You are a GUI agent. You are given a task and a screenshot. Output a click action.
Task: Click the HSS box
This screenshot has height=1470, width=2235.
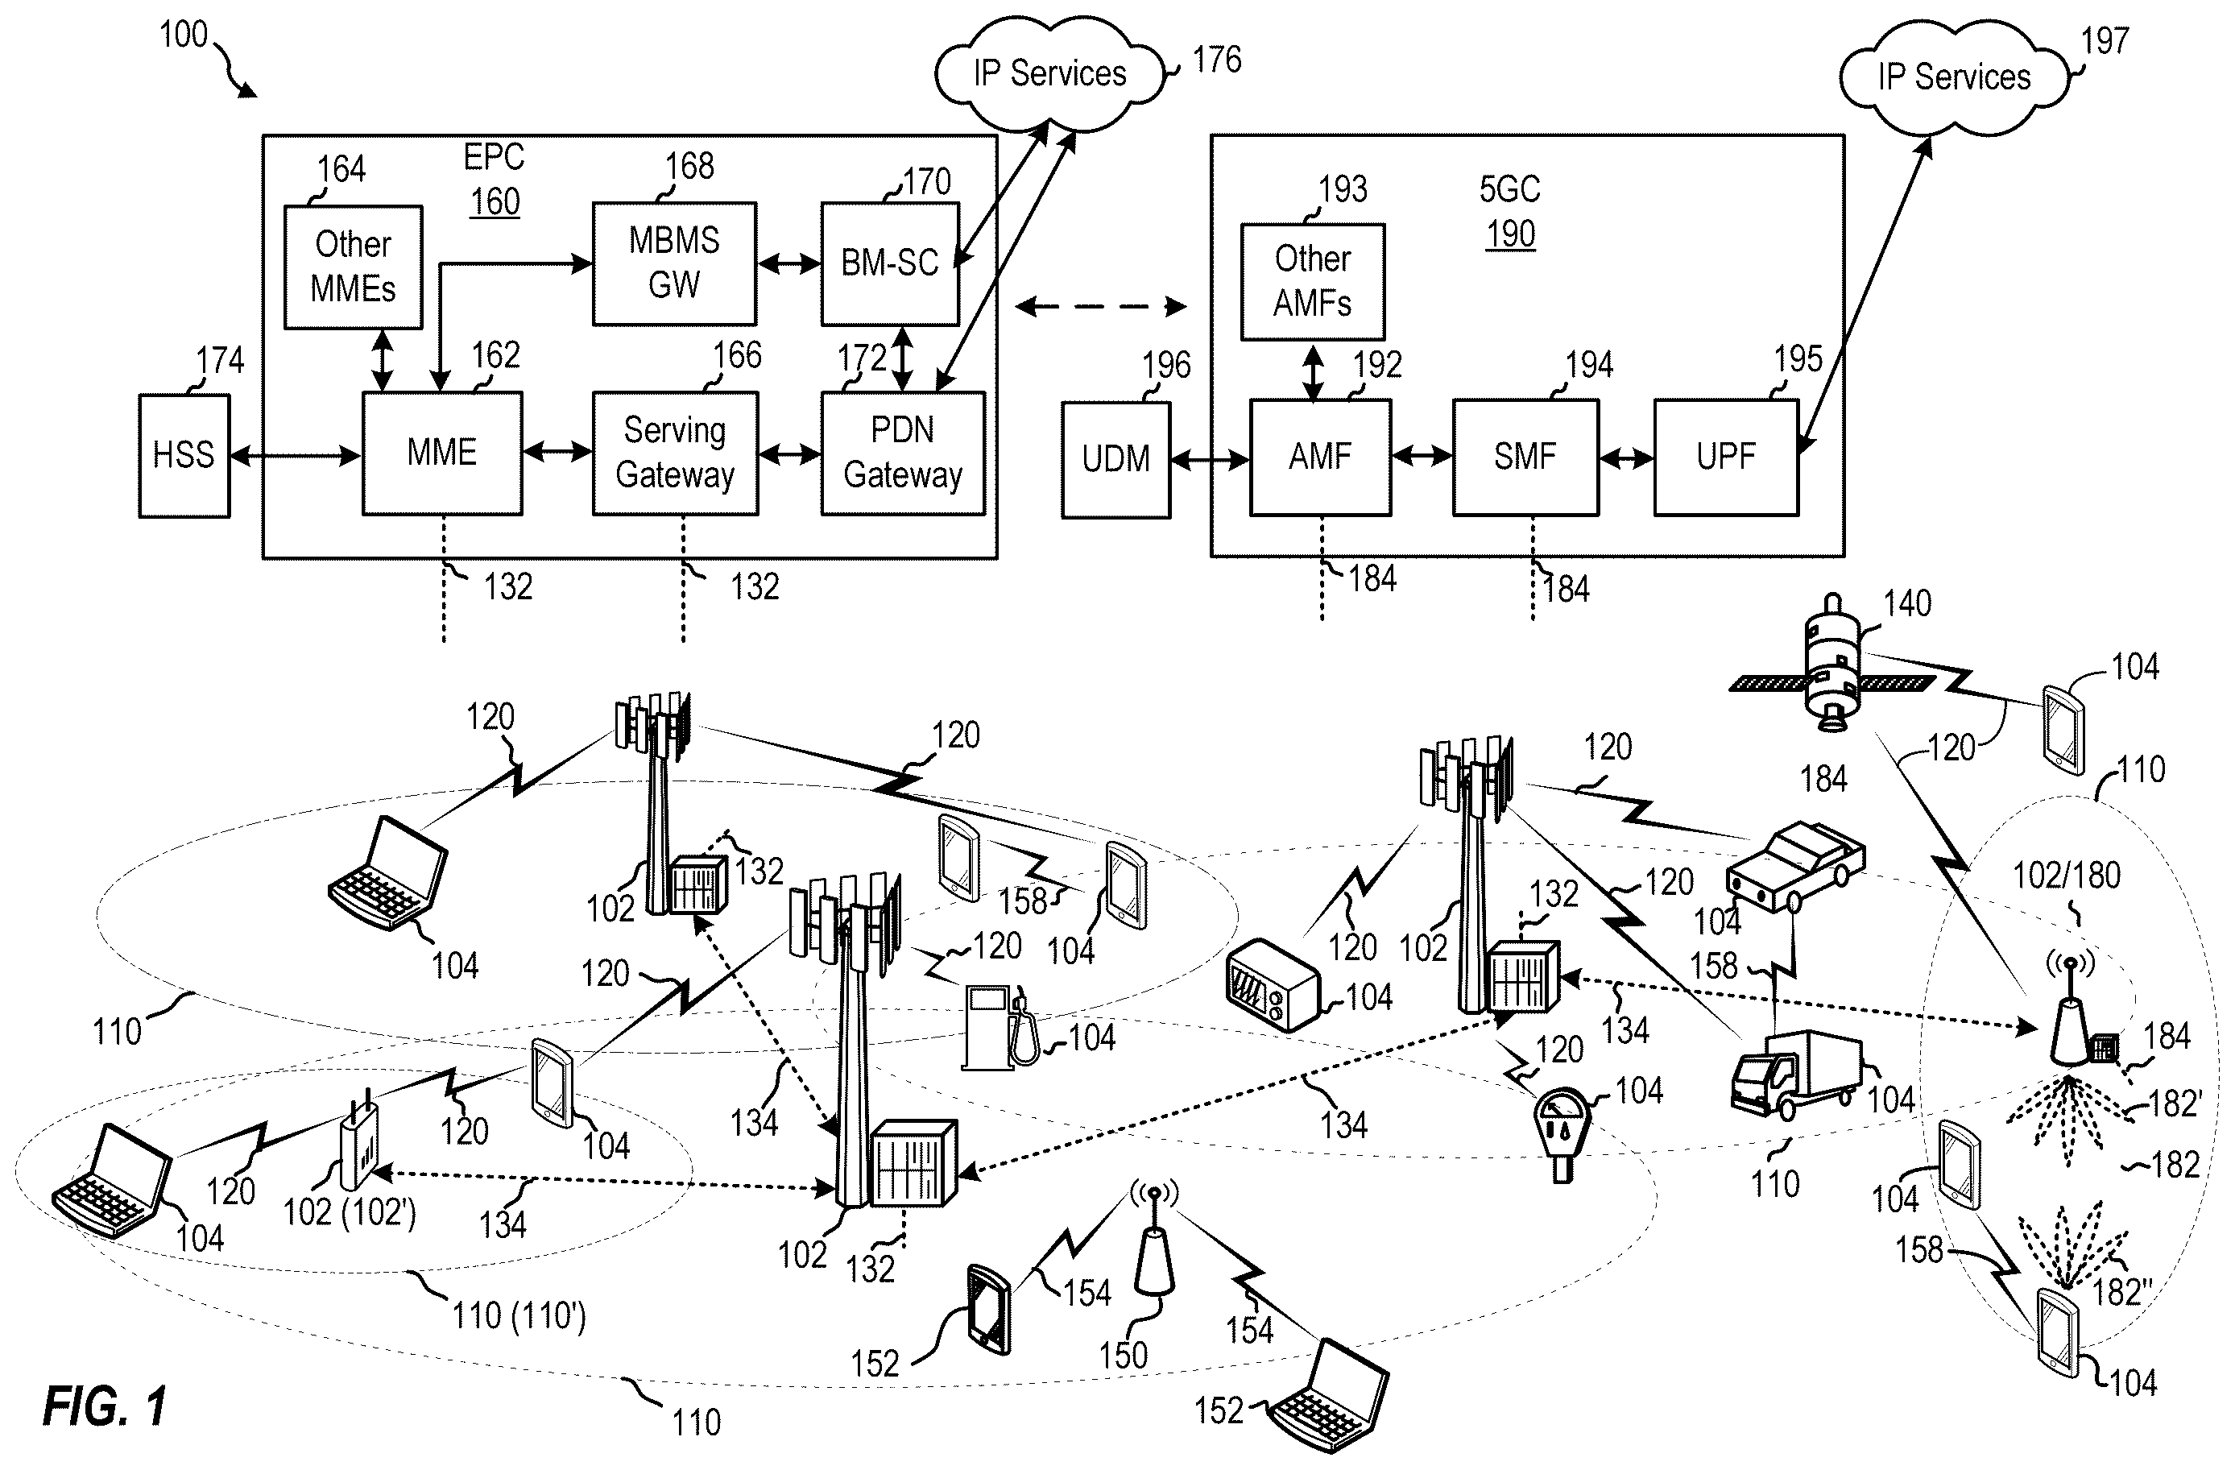coord(184,456)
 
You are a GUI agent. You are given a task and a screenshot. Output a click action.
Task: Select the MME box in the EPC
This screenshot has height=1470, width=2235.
coord(442,453)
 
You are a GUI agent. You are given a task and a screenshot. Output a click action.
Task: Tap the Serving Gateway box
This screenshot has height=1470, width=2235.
coord(675,453)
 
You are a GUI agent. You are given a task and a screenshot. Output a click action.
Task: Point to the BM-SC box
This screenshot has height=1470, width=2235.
coord(889,263)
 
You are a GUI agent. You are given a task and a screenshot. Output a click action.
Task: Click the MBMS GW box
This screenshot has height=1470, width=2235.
coord(674,263)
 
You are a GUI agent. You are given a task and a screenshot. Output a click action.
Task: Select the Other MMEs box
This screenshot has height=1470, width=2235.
coord(353,267)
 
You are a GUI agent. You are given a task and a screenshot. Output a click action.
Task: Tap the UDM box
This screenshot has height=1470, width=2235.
coord(1115,459)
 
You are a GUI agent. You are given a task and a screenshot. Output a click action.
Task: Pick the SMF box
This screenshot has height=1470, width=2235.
coord(1525,458)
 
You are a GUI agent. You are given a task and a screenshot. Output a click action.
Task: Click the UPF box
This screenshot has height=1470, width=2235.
coord(1726,458)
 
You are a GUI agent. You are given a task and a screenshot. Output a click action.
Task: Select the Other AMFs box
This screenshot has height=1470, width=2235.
coord(1312,281)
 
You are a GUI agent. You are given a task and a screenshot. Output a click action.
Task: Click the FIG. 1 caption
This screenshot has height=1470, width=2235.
coord(106,1406)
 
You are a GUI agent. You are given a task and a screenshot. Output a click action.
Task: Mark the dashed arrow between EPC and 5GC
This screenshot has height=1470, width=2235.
coord(1101,306)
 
